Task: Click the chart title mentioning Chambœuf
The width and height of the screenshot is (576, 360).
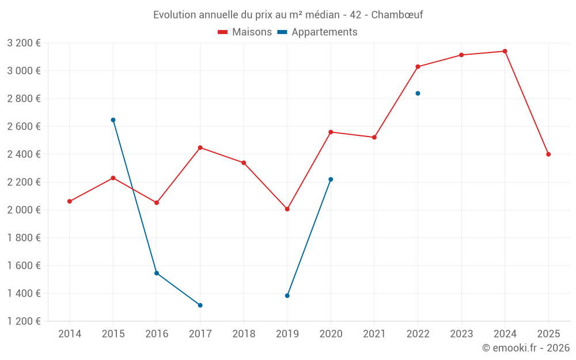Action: tap(288, 15)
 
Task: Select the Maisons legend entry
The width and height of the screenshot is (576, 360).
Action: tap(245, 32)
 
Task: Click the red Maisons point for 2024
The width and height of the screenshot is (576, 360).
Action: tap(505, 51)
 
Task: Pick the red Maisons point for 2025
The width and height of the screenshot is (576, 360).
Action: tap(548, 154)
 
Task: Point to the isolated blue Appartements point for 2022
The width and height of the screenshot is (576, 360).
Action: tap(418, 93)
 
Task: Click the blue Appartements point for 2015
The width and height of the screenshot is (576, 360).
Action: tap(113, 120)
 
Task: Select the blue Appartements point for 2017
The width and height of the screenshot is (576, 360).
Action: tap(200, 305)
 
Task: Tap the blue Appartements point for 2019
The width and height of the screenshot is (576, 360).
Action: tap(287, 295)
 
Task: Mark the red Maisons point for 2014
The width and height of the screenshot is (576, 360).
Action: tap(70, 202)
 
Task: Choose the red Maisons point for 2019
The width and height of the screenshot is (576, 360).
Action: tap(287, 209)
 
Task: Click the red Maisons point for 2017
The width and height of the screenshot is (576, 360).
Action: tap(200, 147)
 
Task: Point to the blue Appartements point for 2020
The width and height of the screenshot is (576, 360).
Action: tap(331, 179)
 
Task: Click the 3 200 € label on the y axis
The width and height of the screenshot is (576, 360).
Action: tap(24, 43)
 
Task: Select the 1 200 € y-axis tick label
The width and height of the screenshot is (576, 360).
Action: tap(24, 321)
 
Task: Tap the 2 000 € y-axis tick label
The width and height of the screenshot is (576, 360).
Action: tap(24, 210)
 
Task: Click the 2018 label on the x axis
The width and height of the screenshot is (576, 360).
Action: tap(244, 334)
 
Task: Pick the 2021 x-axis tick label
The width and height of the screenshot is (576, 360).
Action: tap(374, 334)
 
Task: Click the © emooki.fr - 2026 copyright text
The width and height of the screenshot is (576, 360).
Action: tap(525, 348)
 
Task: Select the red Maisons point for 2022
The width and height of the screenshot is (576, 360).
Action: tap(418, 67)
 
